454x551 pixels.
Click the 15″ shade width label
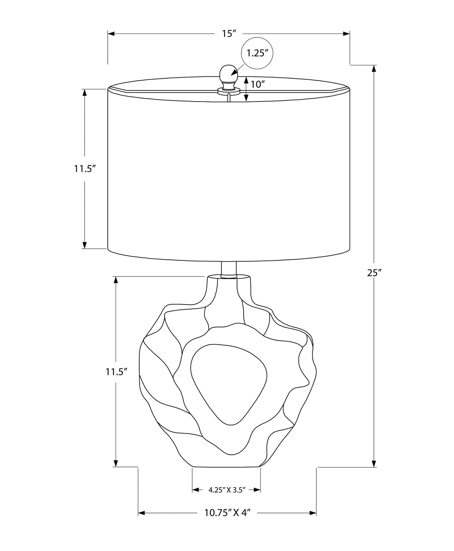[x=229, y=34]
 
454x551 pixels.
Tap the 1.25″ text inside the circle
[x=257, y=53]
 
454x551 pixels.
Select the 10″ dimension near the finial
[x=258, y=84]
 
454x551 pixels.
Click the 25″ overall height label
[x=374, y=273]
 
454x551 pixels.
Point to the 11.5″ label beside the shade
[x=85, y=169]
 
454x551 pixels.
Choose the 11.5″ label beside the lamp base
[x=116, y=372]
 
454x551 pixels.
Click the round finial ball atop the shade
[x=228, y=73]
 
